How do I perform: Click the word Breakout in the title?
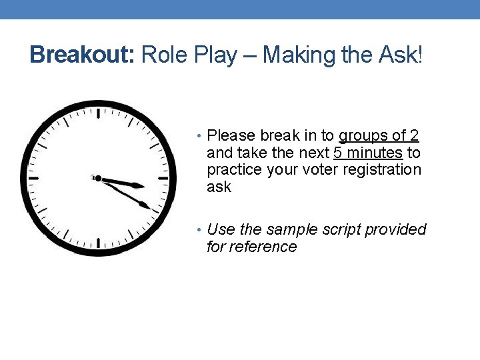click(82, 55)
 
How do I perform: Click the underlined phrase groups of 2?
click(379, 136)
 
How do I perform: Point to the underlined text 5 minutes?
click(368, 153)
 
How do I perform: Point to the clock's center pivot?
click(98, 178)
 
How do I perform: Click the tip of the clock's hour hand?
click(145, 186)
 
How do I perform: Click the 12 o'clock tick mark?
click(99, 113)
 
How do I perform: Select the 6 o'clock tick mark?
click(99, 243)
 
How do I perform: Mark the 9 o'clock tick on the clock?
click(33, 178)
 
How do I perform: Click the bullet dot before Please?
click(201, 137)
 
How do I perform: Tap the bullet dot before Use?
click(201, 230)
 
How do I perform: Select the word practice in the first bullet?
click(235, 170)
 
